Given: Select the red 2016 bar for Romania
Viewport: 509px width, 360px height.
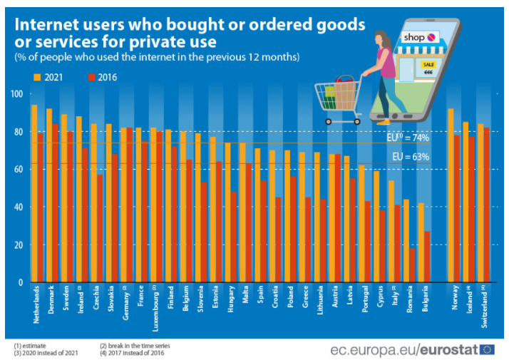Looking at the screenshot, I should coord(413,265).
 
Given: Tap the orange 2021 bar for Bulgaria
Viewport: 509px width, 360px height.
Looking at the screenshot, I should coord(421,242).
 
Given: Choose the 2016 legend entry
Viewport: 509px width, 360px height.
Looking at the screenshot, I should coord(100,77).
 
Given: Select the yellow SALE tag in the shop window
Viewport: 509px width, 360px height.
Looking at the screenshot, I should coord(429,63).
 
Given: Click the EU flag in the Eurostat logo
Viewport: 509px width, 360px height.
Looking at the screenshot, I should coord(488,349).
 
